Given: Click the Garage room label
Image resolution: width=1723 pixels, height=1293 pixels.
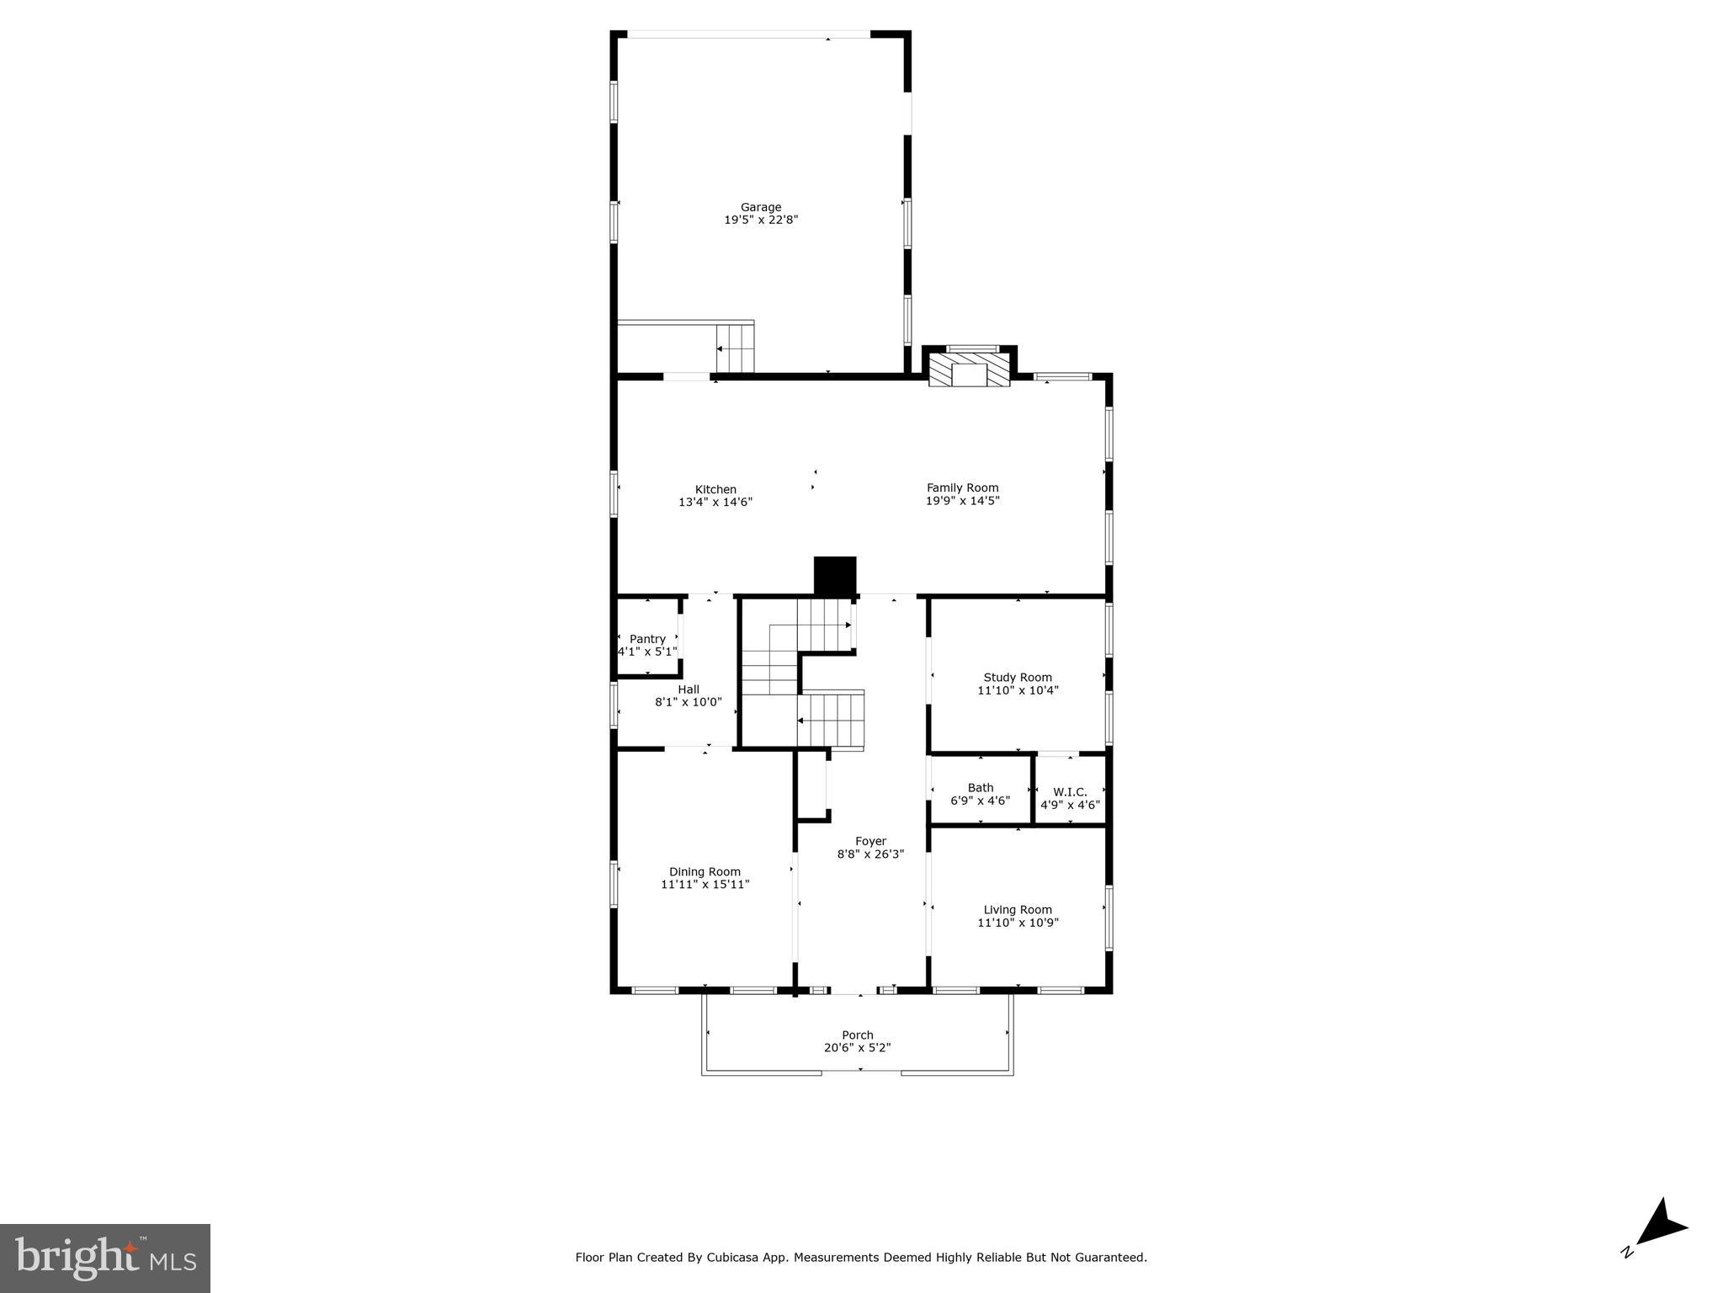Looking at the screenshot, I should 760,207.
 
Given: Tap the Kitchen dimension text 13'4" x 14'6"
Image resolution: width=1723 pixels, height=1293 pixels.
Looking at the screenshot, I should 715,503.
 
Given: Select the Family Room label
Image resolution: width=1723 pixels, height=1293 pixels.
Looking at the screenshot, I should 962,487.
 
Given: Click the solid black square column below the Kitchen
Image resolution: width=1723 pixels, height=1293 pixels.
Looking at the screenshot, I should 834,577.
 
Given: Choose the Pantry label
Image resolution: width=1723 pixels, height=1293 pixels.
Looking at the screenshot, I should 647,639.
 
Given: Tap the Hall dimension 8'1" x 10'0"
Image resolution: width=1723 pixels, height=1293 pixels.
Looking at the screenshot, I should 688,702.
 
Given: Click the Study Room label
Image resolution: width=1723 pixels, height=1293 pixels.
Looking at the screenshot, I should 1017,678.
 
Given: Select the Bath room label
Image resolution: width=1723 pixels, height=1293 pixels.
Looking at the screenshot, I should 980,788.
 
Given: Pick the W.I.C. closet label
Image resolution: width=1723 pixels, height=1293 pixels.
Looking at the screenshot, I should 1070,792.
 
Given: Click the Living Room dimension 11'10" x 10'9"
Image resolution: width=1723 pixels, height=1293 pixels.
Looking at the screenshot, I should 1017,923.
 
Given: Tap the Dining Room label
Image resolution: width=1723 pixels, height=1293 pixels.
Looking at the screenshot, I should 705,872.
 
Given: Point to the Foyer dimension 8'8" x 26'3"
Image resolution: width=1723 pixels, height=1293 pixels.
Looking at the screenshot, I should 869,854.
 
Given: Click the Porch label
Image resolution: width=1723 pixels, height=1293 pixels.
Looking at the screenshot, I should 857,1035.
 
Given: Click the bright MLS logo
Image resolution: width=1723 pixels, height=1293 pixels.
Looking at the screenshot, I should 105,1258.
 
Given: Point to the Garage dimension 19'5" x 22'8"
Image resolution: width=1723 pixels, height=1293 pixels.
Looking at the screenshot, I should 760,220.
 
